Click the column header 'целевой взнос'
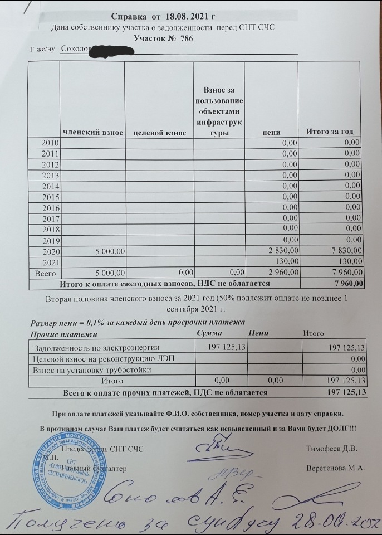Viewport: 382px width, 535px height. tap(159, 133)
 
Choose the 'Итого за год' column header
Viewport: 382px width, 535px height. tap(330, 132)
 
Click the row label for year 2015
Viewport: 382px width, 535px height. tap(51, 197)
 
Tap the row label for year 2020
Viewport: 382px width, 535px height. tap(51, 251)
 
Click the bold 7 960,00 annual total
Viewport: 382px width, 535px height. tap(348, 284)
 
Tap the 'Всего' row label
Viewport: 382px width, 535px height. tap(45, 273)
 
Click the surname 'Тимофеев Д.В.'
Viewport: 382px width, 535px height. tap(332, 449)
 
